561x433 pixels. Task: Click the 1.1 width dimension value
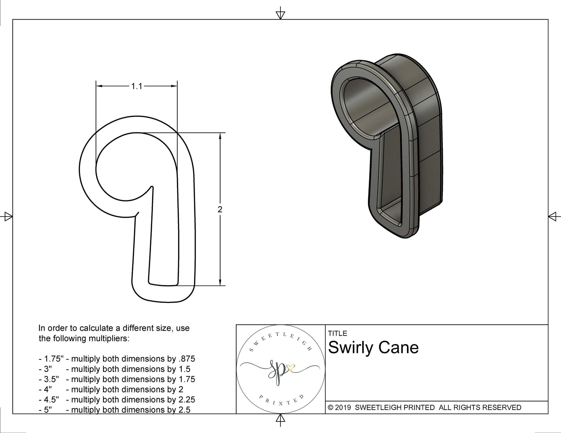136,86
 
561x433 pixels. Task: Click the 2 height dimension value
220,209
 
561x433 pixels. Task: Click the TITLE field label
337,334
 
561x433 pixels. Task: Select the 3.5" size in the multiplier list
51,379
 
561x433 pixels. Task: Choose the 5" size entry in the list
48,410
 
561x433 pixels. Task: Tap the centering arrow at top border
280,14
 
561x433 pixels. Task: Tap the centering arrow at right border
553,216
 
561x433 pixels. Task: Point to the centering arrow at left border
7,216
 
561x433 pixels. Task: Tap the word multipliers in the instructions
109,338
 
